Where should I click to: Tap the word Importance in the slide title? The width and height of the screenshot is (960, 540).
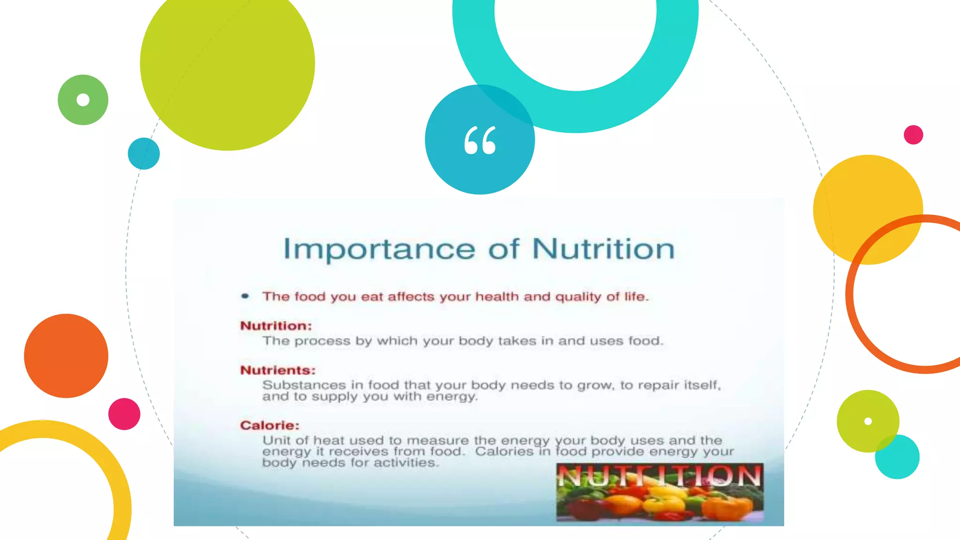click(x=379, y=249)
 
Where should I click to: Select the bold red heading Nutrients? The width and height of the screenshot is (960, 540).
click(x=277, y=370)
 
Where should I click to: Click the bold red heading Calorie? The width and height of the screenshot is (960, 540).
click(x=270, y=425)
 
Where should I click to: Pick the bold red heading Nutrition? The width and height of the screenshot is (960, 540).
click(x=276, y=326)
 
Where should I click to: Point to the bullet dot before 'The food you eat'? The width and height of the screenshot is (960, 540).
click(x=245, y=296)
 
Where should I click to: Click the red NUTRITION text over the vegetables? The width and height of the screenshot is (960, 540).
click(x=660, y=476)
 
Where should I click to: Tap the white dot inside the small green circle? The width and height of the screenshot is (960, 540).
click(x=83, y=100)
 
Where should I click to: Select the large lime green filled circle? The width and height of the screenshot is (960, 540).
click(x=227, y=63)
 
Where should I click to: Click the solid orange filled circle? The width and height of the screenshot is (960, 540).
click(x=66, y=356)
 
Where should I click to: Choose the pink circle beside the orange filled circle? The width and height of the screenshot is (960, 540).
click(x=124, y=414)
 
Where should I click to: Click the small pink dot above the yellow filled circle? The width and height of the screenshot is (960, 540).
click(x=913, y=135)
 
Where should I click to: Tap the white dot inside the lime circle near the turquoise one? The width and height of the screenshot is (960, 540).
click(x=868, y=421)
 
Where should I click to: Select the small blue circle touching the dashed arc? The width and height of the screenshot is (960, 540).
click(x=143, y=154)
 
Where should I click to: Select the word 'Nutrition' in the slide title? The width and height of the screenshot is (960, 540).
click(x=603, y=249)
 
